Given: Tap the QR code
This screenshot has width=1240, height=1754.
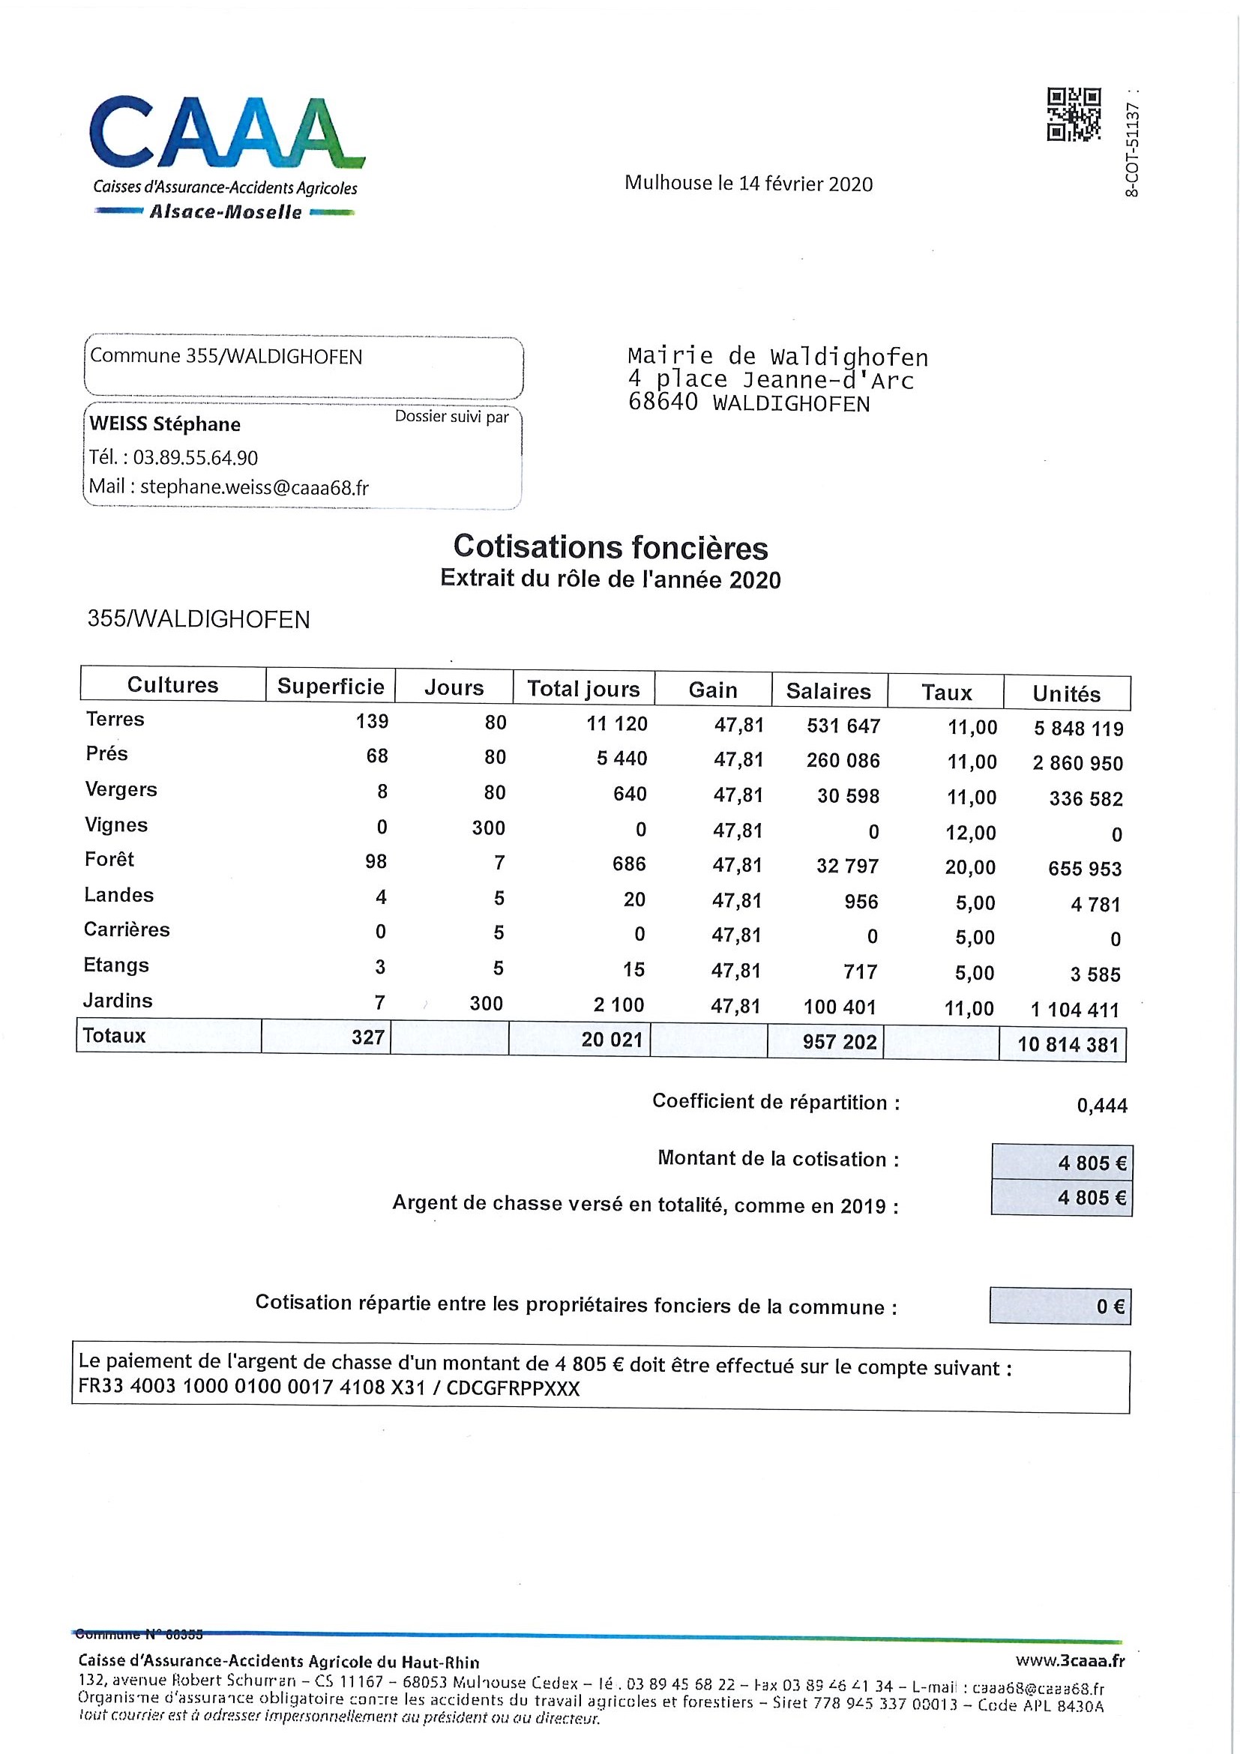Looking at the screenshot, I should pos(1073,115).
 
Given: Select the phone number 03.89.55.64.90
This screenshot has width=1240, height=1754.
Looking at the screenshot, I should pos(195,457).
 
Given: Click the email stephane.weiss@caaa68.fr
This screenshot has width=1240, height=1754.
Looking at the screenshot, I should pos(253,487).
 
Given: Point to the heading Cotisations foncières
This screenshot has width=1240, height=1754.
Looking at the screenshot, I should pos(610,547).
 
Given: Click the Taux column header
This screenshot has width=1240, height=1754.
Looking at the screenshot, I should pos(946,692).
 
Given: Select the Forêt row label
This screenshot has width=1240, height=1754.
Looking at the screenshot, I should pos(109,860).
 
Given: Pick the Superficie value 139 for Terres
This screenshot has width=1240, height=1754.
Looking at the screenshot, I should pos(372,721).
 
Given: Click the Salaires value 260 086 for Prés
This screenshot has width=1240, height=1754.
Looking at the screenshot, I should pos(843,760).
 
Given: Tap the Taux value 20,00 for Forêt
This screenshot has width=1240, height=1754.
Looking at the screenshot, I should pos(970,867).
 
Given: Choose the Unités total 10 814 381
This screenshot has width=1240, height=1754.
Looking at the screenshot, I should pos(1068,1044).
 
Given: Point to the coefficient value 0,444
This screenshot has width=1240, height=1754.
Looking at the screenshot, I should pos(1102,1106).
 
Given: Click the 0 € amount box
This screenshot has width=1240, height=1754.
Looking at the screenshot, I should pos(1061,1306).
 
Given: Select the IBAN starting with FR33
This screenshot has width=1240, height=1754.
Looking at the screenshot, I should pos(251,1387).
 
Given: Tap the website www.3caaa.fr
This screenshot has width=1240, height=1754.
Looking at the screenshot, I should pos(1070,1660).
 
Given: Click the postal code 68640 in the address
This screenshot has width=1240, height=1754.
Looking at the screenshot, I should pos(663,403).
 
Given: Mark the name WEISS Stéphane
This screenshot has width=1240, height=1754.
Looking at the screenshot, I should pos(165,424).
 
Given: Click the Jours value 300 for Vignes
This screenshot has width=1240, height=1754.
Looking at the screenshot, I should pos(488,828).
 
